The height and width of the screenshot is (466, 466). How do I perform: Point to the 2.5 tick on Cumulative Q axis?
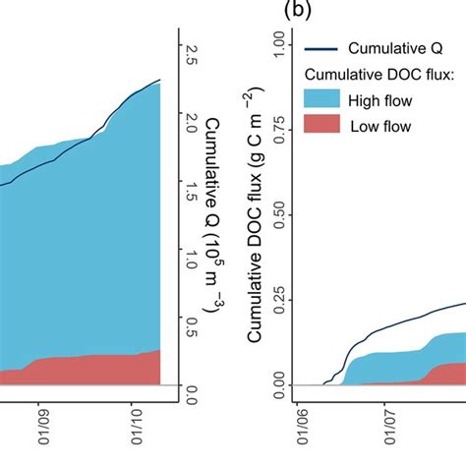(190, 61)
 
